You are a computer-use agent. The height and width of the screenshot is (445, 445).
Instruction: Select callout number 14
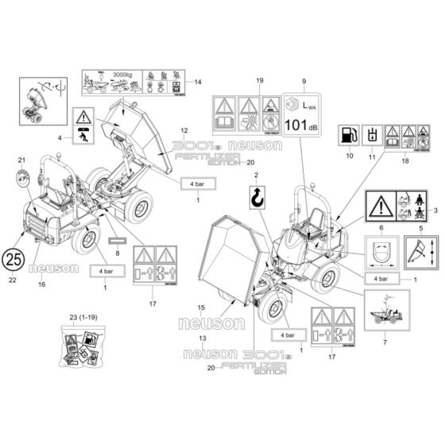pyautogui.click(x=198, y=82)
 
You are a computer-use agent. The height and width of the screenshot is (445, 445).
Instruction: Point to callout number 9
pyautogui.click(x=303, y=83)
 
